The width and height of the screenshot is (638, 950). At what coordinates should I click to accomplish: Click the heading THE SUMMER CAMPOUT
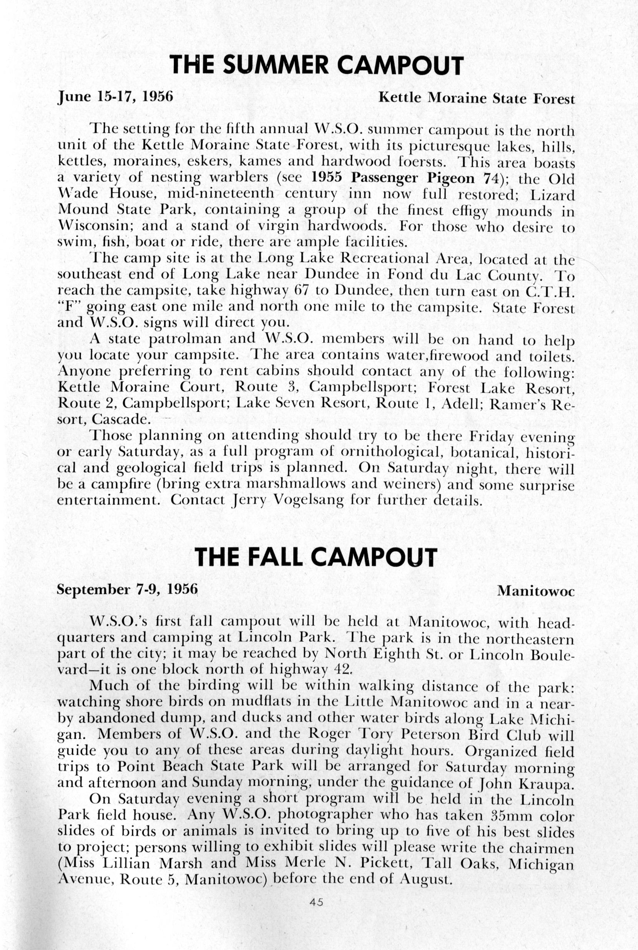[x=316, y=65]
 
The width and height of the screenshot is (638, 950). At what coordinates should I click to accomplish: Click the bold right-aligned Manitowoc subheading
[x=536, y=591]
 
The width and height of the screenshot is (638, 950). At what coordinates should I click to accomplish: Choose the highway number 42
[x=336, y=669]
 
